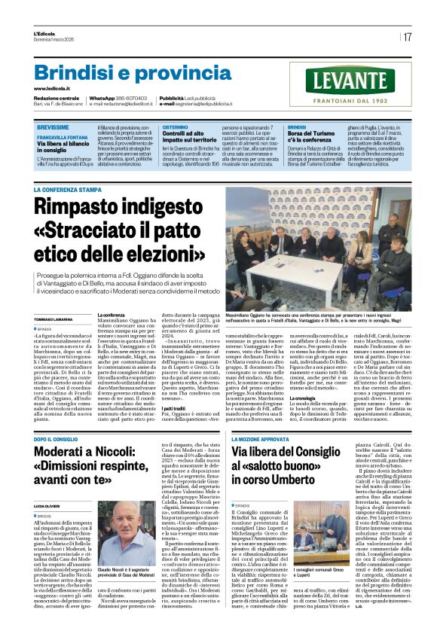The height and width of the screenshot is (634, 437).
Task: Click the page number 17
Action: (x=407, y=37)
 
